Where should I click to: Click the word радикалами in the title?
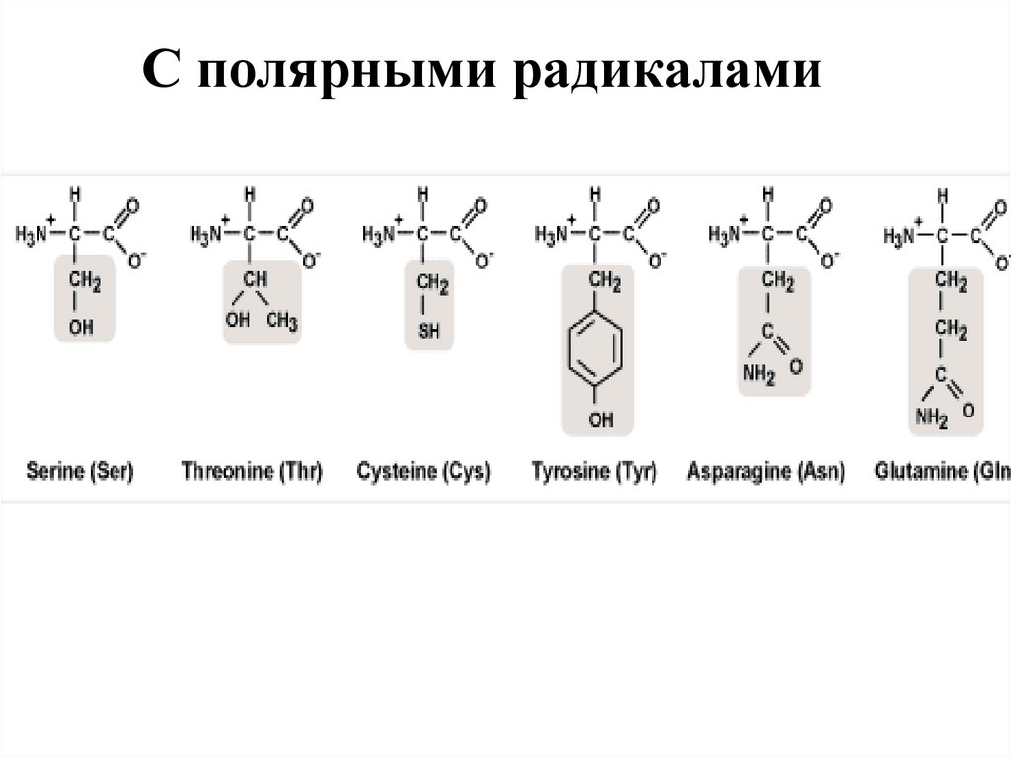(x=667, y=73)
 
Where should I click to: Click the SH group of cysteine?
(x=428, y=332)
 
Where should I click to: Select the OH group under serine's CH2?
(x=81, y=326)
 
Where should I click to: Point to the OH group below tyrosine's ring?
(x=599, y=421)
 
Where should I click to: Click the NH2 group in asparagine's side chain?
(x=759, y=374)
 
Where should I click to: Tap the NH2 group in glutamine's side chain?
(x=930, y=416)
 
